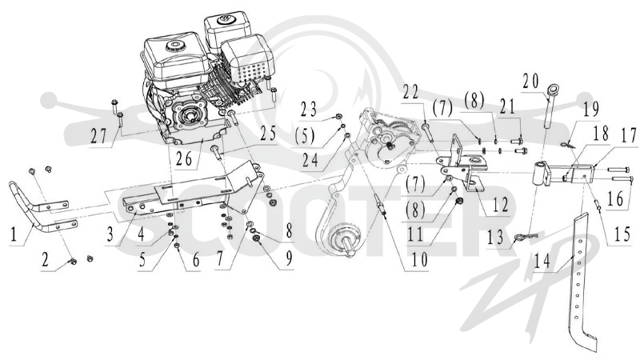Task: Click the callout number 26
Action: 184,159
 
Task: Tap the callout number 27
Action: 98,136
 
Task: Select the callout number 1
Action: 14,234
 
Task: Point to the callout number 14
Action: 542,262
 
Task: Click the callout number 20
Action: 530,81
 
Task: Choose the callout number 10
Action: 420,260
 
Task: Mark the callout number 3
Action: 110,234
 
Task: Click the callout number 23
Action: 308,110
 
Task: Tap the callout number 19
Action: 591,109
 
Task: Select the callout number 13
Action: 495,238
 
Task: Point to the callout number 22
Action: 410,92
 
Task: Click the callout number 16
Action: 615,199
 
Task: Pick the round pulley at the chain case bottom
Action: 344,241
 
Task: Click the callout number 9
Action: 289,258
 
